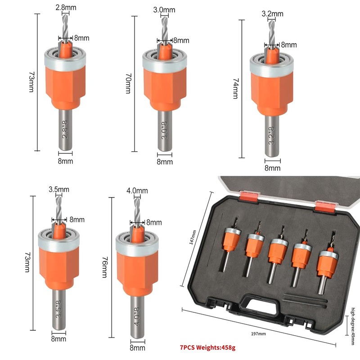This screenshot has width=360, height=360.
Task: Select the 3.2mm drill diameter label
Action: [x=272, y=13]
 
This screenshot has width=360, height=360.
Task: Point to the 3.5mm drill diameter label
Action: [x=58, y=189]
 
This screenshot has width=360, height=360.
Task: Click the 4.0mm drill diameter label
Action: [x=137, y=191]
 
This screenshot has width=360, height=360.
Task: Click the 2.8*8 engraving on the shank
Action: [x=66, y=130]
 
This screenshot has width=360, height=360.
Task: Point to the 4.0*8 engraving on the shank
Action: [x=137, y=315]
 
